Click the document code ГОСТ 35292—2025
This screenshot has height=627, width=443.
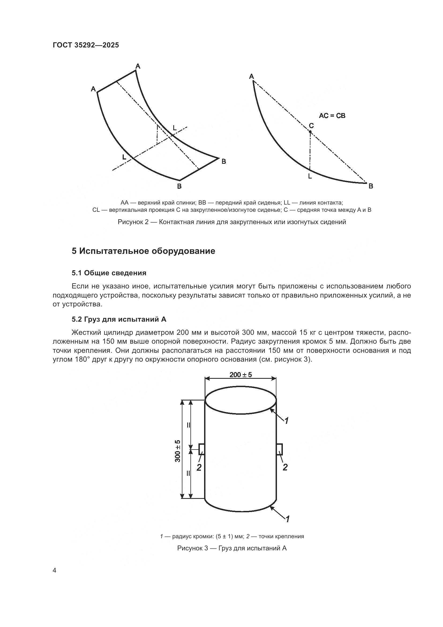pyautogui.click(x=86, y=45)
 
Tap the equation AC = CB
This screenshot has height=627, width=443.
pyautogui.click(x=332, y=116)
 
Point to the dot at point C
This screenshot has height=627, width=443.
pyautogui.click(x=310, y=132)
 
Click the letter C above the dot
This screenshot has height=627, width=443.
pyautogui.click(x=311, y=126)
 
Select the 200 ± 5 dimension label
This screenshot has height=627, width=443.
pyautogui.click(x=241, y=374)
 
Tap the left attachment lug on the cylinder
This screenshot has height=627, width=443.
pyautogui.click(x=202, y=450)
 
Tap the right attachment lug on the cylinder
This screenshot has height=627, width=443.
pyautogui.click(x=280, y=450)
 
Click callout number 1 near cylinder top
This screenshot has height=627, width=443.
pyautogui.click(x=286, y=421)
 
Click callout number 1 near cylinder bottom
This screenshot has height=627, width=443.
pyautogui.click(x=287, y=519)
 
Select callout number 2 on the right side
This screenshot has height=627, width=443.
pyautogui.click(x=285, y=467)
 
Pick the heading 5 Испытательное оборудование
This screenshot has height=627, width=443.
pyautogui.click(x=143, y=251)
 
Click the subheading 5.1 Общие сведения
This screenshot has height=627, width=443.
pyautogui.click(x=109, y=273)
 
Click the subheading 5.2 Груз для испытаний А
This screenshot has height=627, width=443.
pyautogui.click(x=119, y=319)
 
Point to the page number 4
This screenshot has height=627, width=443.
pyautogui.click(x=55, y=570)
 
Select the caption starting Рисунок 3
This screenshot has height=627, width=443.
pyautogui.click(x=232, y=548)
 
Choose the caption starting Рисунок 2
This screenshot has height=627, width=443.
pyautogui.click(x=232, y=222)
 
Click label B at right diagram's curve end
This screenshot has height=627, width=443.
pyautogui.click(x=371, y=186)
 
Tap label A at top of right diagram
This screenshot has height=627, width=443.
pyautogui.click(x=251, y=76)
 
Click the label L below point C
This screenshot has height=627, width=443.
pyautogui.click(x=310, y=176)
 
